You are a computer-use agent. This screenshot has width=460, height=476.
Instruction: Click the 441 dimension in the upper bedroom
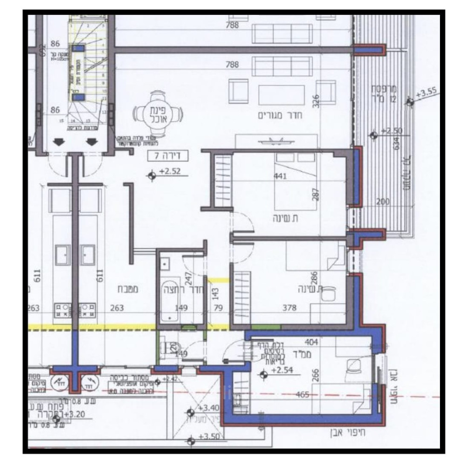280,176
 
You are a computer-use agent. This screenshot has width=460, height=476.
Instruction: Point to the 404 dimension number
311,342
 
